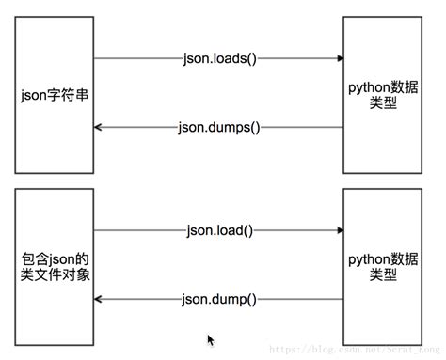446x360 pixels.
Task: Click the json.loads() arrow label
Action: click(x=218, y=58)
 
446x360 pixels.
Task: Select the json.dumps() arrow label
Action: click(x=218, y=127)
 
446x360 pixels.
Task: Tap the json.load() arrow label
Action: click(x=218, y=229)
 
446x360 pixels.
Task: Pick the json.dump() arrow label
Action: click(x=218, y=299)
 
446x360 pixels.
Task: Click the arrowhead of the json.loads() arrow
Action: click(x=340, y=58)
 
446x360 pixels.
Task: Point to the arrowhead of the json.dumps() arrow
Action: click(x=99, y=127)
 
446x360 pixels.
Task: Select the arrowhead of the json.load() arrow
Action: click(x=340, y=229)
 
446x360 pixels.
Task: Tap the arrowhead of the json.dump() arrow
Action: click(x=99, y=299)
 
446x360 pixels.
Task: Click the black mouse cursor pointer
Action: click(x=211, y=339)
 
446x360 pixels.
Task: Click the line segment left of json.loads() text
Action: click(x=136, y=58)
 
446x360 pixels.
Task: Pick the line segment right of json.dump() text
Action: click(x=301, y=299)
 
